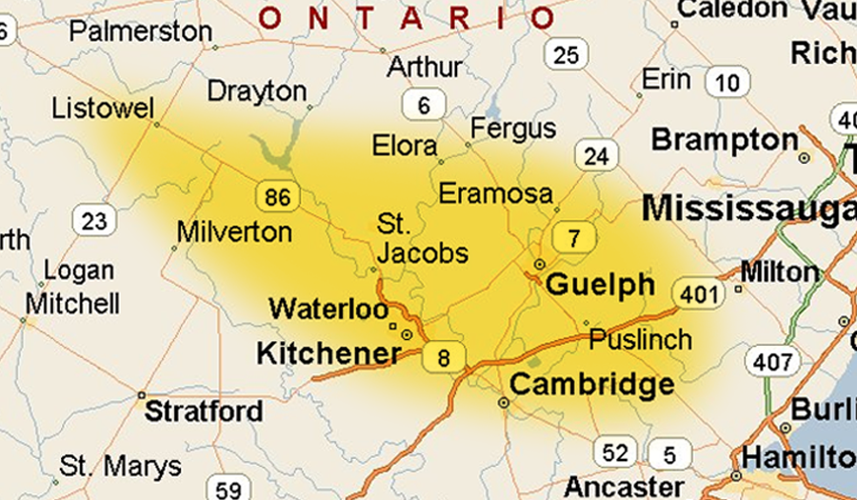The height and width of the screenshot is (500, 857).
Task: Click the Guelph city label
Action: click(x=600, y=285)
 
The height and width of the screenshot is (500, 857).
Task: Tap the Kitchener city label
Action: click(x=329, y=353)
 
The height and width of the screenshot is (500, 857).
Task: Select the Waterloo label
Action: click(x=329, y=310)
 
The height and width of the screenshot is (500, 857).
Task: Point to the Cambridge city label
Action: click(x=592, y=385)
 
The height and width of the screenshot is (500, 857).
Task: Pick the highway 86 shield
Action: click(x=277, y=197)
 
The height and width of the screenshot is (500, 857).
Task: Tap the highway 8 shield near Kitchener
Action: click(x=444, y=358)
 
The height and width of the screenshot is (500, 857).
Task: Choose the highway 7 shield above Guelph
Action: click(x=573, y=238)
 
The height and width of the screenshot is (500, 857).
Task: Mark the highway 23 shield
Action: click(x=94, y=222)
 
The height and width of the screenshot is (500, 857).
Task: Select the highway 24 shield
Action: click(x=596, y=155)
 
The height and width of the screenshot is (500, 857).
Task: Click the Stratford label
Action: click(x=203, y=411)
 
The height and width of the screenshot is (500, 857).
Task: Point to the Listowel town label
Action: click(x=102, y=108)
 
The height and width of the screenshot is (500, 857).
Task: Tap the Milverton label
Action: click(x=234, y=231)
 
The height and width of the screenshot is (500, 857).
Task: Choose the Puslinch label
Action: click(x=640, y=339)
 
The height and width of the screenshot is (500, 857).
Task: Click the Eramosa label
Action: click(x=495, y=194)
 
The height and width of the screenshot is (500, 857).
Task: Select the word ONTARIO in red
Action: click(x=407, y=17)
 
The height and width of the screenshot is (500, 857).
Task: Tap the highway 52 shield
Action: click(x=615, y=452)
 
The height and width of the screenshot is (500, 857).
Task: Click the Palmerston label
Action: click(x=141, y=31)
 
